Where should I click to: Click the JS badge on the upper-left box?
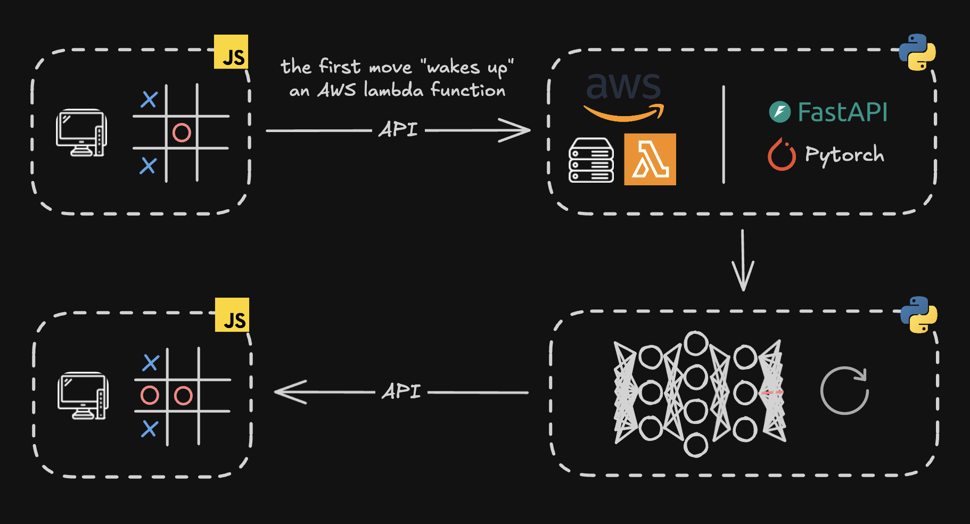(231, 52)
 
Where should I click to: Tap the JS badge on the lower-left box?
(232, 315)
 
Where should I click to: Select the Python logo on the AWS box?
(917, 52)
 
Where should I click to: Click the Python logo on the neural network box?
(919, 315)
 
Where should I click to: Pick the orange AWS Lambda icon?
(650, 159)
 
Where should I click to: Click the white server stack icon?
(591, 160)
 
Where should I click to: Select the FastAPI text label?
(842, 112)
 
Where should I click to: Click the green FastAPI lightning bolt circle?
(780, 112)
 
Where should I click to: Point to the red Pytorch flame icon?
(782, 155)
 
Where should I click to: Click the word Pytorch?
(844, 155)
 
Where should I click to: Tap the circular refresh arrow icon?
(844, 390)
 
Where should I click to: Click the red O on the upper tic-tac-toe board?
(182, 132)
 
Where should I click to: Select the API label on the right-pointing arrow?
(398, 129)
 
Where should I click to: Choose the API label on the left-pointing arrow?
(401, 392)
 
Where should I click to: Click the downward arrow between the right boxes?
(743, 261)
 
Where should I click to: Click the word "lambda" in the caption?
(393, 90)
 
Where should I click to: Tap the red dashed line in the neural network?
(771, 392)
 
